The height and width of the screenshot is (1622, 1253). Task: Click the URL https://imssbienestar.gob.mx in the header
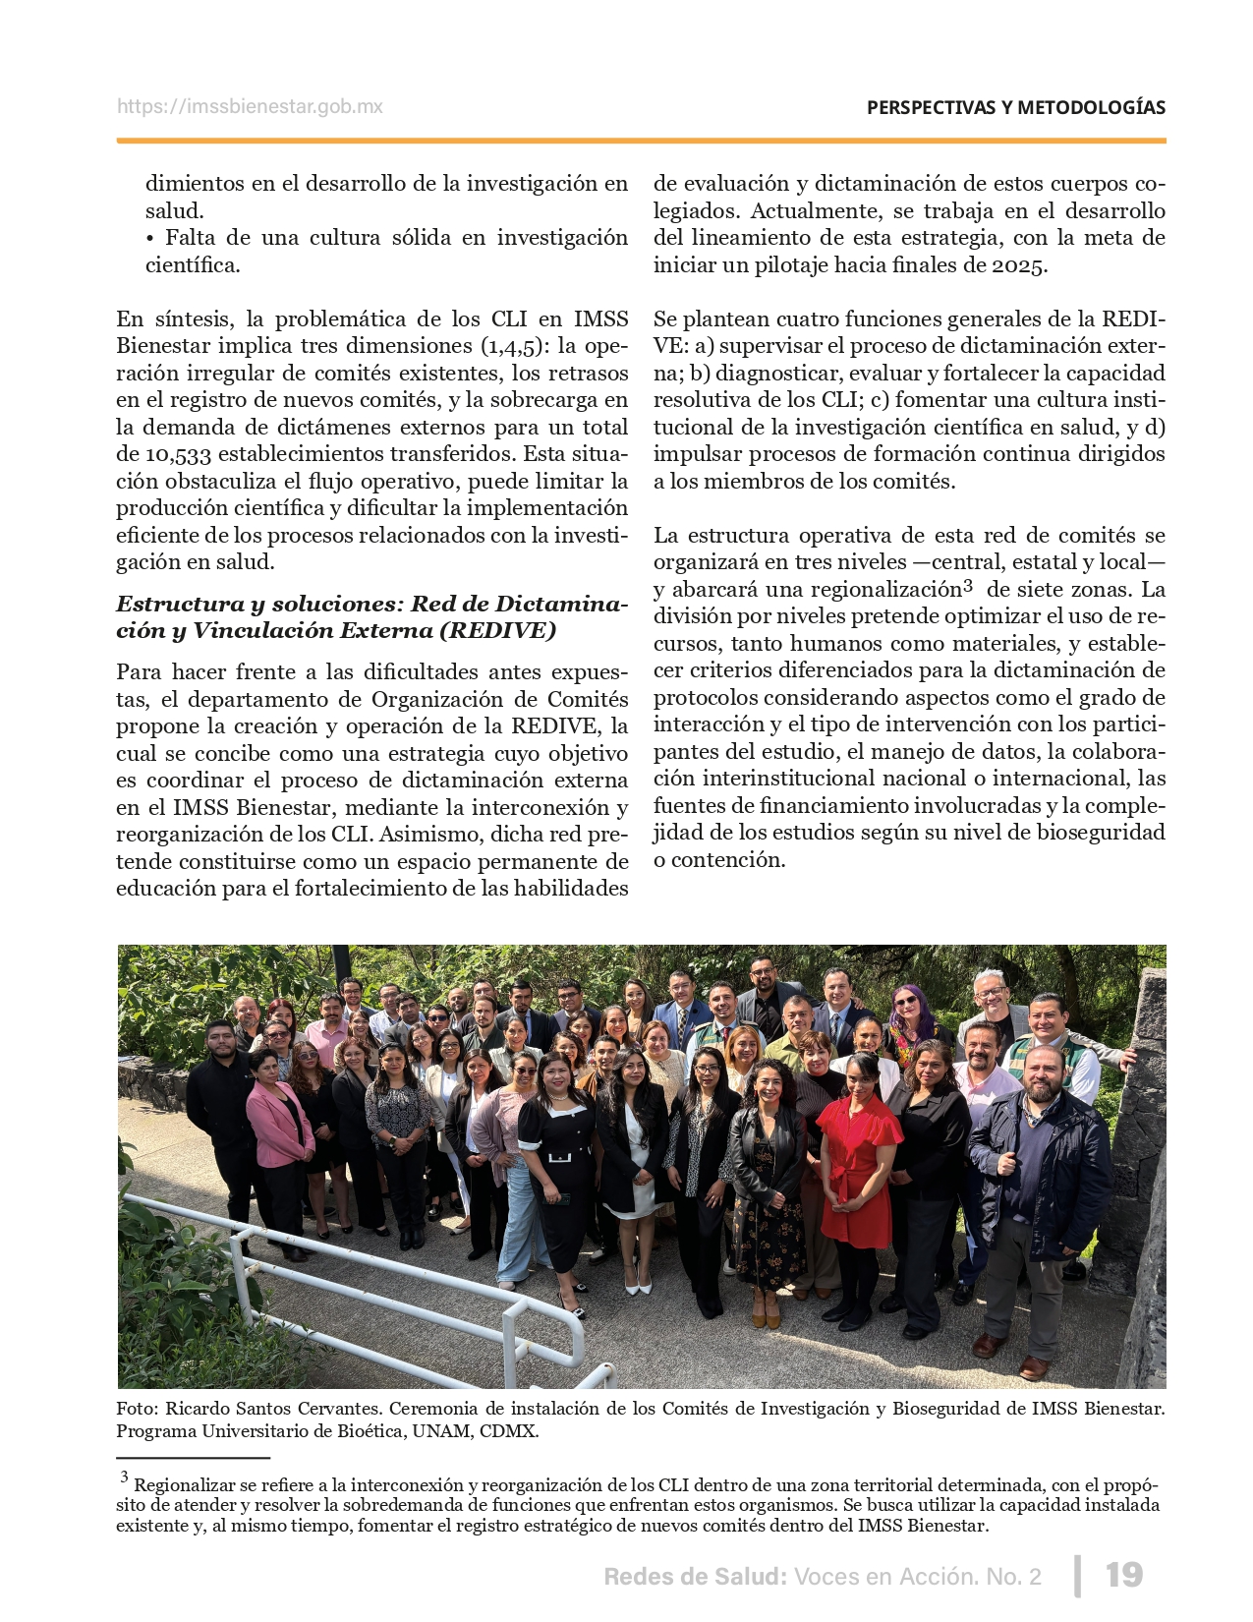pos(250,107)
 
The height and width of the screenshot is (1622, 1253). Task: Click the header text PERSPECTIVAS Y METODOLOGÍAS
pos(1015,108)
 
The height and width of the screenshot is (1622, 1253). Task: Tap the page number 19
pos(1124,1575)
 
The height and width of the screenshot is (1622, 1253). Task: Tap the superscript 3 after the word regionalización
pos(968,586)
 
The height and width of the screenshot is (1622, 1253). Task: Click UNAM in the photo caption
pos(440,1431)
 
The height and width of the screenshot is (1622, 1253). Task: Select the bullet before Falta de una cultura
pos(150,238)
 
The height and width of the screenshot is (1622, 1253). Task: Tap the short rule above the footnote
pos(193,1458)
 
